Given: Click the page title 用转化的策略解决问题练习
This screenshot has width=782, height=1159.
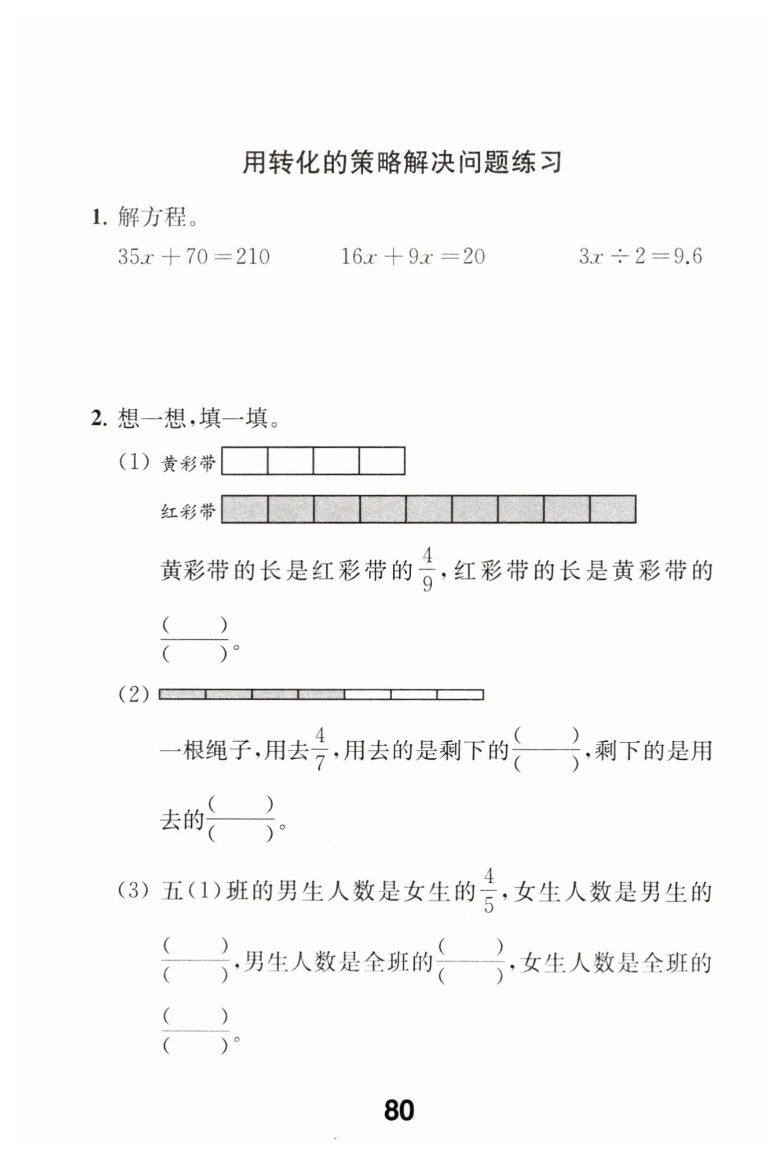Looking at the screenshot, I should point(401,163).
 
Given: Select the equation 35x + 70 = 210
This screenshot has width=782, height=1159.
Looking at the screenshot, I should point(193,256).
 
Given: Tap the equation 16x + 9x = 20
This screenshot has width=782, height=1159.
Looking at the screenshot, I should point(412,256).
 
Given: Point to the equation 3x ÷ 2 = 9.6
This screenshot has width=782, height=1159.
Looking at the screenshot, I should point(640,256).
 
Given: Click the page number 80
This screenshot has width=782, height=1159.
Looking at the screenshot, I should point(399,1110).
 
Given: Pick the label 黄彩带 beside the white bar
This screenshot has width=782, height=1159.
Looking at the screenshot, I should point(188,463).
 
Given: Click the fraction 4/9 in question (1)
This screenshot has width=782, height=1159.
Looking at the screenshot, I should point(427,570).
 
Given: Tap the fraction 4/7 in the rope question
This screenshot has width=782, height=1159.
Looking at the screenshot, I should point(320,750).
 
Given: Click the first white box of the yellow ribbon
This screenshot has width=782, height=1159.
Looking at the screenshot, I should point(245,461).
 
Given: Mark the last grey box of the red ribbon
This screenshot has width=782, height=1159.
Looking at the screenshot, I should point(612,509).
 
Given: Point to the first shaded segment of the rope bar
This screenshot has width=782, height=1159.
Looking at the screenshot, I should point(182,694).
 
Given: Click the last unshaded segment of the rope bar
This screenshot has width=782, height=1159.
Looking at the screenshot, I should point(460,694).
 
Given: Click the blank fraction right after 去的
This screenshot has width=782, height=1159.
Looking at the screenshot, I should point(240,819).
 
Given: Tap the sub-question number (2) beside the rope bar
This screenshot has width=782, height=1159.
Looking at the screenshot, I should point(134,694).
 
